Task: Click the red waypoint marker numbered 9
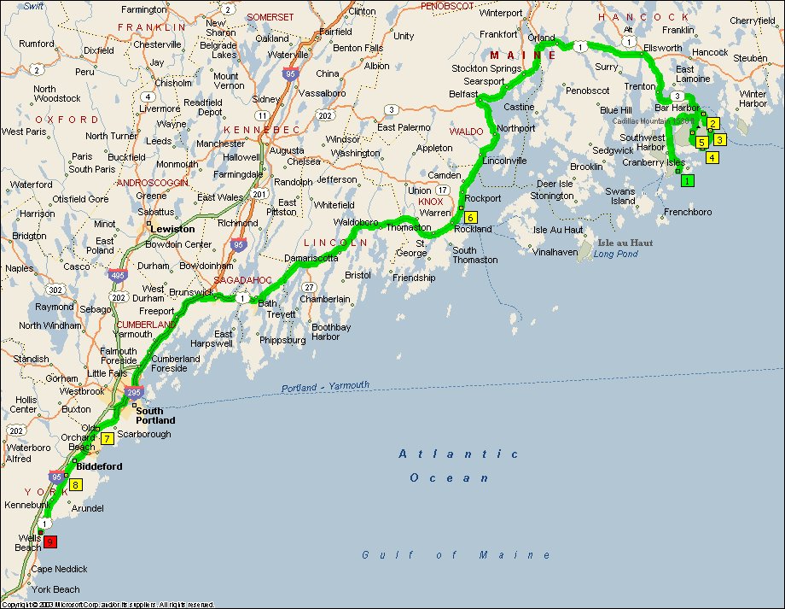click(50, 542)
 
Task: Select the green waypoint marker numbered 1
click(688, 180)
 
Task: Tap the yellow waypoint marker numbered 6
click(470, 217)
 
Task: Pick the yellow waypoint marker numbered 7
click(108, 439)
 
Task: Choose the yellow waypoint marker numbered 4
click(712, 157)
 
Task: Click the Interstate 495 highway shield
click(119, 275)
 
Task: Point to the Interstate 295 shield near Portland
click(133, 392)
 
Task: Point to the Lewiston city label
click(172, 229)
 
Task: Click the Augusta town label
click(286, 150)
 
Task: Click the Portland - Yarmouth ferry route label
click(325, 387)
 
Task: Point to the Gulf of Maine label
click(456, 555)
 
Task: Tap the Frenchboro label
click(688, 211)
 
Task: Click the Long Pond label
click(615, 254)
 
